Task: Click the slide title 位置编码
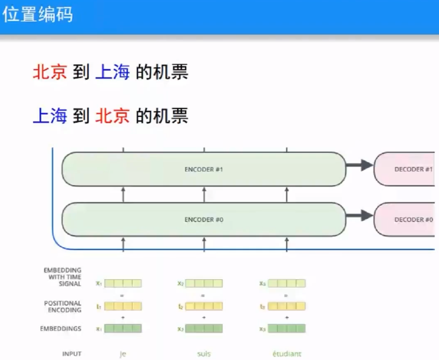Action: pos(37,15)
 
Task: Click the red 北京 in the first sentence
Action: pos(50,72)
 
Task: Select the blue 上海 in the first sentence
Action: pos(112,72)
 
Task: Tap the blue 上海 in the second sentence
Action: pos(50,115)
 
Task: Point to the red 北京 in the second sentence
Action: pos(112,115)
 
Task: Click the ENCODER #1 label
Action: pos(204,169)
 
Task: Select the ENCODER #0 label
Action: pos(204,219)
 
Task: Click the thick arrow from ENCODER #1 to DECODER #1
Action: pos(359,166)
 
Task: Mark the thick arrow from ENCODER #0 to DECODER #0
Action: pos(359,216)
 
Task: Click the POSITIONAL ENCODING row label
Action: pos(63,306)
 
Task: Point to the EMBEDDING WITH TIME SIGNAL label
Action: pos(63,277)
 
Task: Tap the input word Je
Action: pos(123,354)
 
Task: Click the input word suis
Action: pos(204,354)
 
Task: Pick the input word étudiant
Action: pos(287,354)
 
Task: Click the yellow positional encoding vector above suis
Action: pos(204,306)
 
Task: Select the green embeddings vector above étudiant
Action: pos(287,328)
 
